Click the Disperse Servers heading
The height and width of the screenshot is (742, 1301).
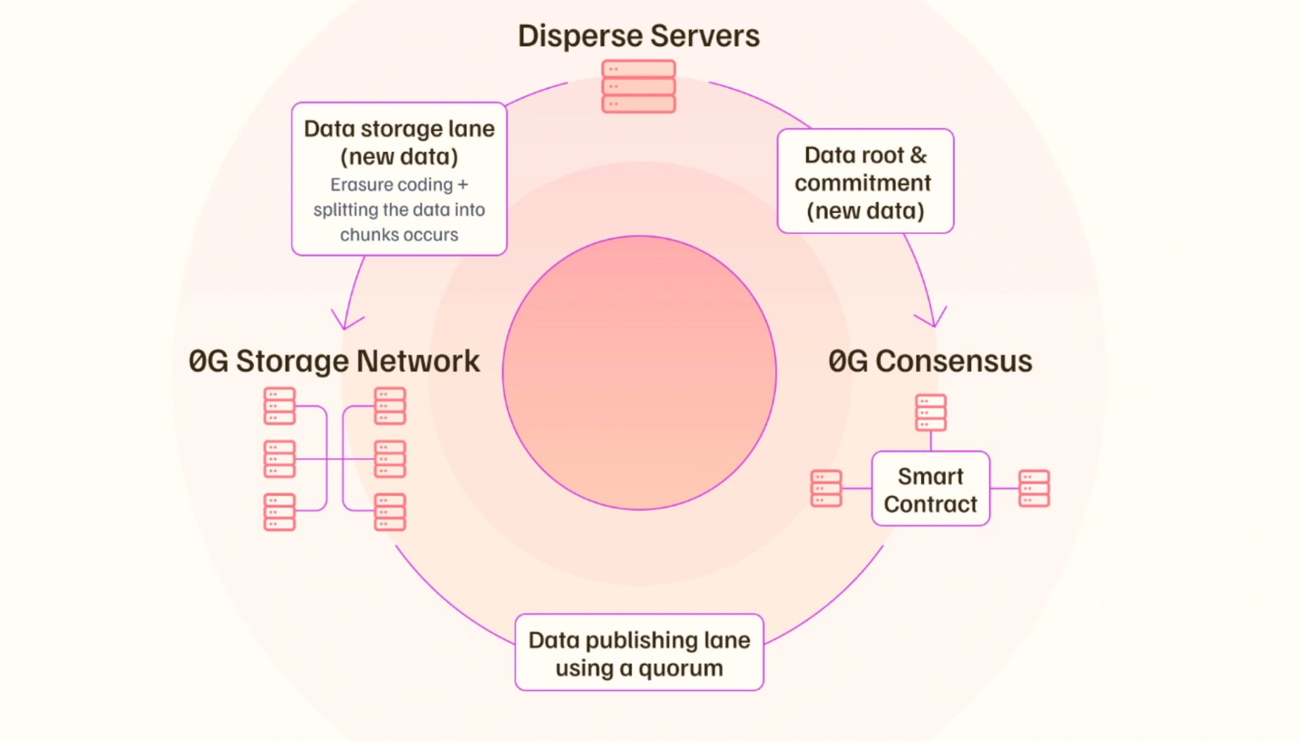(638, 36)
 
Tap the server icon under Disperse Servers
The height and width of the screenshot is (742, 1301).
(638, 86)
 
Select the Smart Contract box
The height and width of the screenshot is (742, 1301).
(930, 489)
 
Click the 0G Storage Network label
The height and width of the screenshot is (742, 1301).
(334, 361)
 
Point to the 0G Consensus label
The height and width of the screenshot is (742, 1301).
(930, 361)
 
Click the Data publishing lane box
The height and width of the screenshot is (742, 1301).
(639, 652)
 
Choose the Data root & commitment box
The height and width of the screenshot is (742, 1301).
(865, 182)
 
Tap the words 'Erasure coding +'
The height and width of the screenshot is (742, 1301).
(399, 184)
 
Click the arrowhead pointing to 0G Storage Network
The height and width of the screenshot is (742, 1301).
(346, 323)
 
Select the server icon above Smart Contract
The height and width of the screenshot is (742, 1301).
(930, 412)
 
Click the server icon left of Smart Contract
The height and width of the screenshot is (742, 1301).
(826, 488)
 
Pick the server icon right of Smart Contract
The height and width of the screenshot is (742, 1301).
(1034, 488)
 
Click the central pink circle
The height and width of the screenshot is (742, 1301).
(639, 372)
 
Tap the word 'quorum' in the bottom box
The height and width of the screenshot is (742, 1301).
(680, 669)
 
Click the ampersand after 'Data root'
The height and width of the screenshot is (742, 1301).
(918, 155)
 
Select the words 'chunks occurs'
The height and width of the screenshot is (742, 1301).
(399, 235)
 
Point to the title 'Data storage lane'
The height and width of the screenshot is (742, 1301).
(399, 129)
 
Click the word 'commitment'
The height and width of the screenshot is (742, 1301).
(863, 183)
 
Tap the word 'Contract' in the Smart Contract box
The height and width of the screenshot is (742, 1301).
(930, 505)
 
